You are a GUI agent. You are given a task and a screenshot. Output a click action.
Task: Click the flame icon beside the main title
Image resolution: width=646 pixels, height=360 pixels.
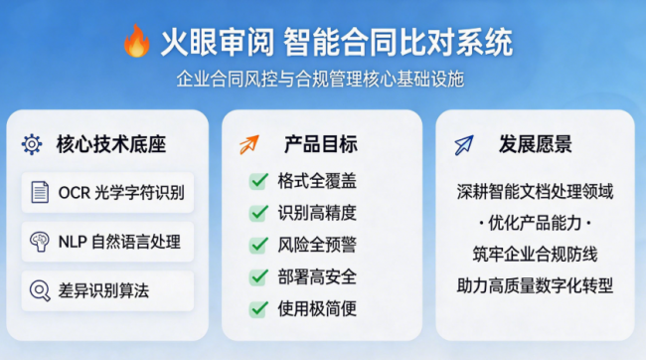[x=136, y=41]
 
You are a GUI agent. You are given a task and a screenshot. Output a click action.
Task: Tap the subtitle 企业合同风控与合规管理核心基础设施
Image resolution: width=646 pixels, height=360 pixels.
[x=321, y=79]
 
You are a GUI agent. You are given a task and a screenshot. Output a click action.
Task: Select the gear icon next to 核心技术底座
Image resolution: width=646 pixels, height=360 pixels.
[x=32, y=144]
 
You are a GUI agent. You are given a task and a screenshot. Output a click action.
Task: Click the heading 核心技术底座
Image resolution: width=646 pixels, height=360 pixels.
[x=111, y=144]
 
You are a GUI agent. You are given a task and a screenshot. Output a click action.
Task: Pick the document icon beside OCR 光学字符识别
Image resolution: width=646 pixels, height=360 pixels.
[x=40, y=192]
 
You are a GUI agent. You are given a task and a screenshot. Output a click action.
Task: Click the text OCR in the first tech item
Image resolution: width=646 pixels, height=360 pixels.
[x=75, y=193]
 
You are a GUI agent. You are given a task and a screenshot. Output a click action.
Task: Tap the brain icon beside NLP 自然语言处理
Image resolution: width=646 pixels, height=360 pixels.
[x=40, y=242]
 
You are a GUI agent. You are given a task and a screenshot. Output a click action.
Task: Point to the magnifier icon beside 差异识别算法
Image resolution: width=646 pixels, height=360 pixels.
[x=40, y=290]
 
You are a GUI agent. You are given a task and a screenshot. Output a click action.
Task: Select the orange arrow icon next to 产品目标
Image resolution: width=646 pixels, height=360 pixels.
[x=249, y=145]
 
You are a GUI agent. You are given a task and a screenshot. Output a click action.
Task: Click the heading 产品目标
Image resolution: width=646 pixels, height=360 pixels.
[x=321, y=144]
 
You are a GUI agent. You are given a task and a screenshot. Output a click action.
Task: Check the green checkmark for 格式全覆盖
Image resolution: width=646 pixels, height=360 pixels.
[x=258, y=181]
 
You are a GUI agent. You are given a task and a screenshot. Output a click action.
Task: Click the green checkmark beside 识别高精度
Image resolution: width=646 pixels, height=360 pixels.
[x=258, y=213]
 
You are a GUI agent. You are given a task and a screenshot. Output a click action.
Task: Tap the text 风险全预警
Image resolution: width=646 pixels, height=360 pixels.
[x=317, y=245]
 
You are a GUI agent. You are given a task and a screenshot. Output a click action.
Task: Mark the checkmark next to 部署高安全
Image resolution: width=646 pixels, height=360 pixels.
[x=258, y=276]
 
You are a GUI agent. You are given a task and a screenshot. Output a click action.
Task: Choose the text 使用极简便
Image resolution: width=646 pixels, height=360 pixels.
[x=317, y=308]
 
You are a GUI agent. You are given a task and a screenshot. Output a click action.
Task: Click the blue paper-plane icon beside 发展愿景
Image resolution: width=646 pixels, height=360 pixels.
[x=464, y=145]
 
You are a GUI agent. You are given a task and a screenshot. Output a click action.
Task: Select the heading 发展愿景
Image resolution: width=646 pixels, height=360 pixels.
[x=536, y=144]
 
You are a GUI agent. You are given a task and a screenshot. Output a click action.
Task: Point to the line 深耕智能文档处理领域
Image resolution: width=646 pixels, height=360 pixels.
[x=535, y=192]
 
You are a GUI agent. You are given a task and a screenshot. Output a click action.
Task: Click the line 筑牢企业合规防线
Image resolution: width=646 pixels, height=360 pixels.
[x=535, y=254]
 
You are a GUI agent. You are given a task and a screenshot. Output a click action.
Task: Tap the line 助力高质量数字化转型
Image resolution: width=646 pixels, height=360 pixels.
[x=535, y=285]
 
